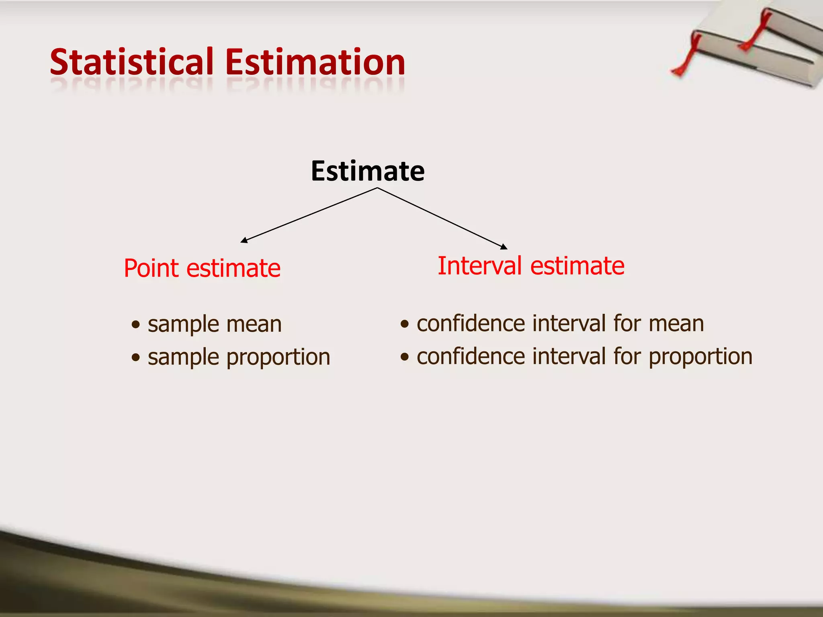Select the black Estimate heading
(367, 171)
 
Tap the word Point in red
(151, 268)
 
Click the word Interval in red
(481, 266)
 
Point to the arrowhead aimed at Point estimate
(244, 241)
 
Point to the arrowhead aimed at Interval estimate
(504, 247)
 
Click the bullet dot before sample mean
(136, 325)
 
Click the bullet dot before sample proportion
(136, 357)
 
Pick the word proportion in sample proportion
(278, 358)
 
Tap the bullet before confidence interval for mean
(405, 324)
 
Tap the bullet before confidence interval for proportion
(405, 357)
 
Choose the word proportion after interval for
(700, 357)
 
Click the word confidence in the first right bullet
(471, 323)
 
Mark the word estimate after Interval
(577, 266)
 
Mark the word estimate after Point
(233, 268)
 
